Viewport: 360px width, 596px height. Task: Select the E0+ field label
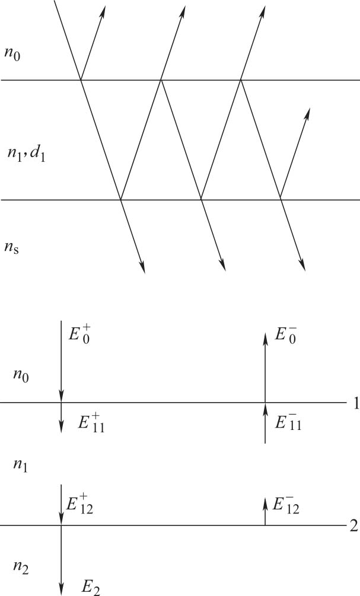(x=79, y=336)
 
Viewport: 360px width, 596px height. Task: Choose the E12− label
(x=286, y=505)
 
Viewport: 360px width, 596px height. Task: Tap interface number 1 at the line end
(x=354, y=404)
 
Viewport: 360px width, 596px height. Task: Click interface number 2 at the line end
(x=354, y=526)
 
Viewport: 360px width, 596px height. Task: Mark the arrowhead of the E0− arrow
(x=265, y=336)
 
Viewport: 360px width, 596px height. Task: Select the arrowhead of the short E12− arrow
(x=265, y=501)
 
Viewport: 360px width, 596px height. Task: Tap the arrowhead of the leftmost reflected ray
(x=103, y=9)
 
